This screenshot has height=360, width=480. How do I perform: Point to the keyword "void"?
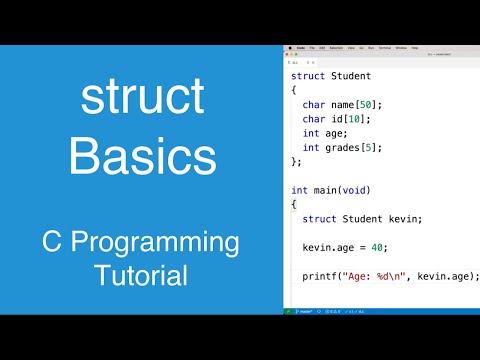[357, 189]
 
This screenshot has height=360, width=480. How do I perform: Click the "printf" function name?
[320, 276]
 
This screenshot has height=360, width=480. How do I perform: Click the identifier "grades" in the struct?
[343, 147]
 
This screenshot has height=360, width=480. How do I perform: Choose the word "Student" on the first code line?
[351, 76]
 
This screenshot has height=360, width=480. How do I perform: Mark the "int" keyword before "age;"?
[311, 133]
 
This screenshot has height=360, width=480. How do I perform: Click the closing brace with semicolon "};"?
[295, 161]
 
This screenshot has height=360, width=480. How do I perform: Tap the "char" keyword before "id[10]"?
[314, 119]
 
